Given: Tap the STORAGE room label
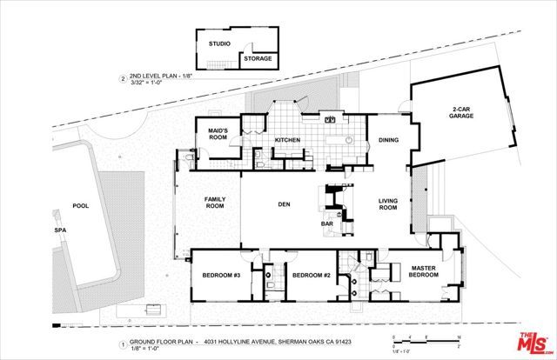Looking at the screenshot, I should [x=257, y=58].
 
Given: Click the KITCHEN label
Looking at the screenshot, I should [x=287, y=139].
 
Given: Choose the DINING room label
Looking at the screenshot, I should [x=388, y=139].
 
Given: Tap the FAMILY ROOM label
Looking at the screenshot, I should [x=215, y=203].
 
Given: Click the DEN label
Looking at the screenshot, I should [x=284, y=205].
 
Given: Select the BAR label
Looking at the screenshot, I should [x=329, y=223].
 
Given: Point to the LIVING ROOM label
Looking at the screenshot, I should [x=388, y=205].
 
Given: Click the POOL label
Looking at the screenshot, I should [x=81, y=206].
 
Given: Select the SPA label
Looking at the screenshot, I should [x=60, y=230].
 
